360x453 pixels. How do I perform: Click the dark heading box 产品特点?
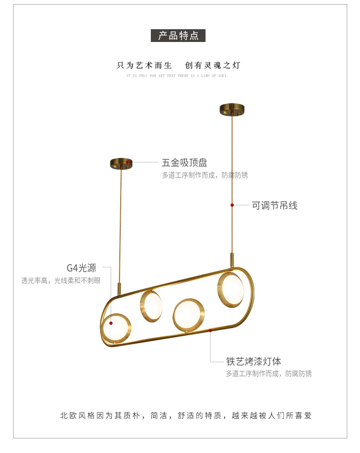(178, 36)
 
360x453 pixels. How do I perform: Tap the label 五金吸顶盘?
(185, 162)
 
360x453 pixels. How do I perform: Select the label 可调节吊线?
(274, 206)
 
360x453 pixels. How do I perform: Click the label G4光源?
(82, 268)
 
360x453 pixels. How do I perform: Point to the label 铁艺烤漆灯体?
(254, 361)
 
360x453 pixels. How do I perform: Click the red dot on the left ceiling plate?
(128, 162)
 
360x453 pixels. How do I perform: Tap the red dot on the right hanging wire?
(232, 205)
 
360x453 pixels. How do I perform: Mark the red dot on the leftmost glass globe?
(111, 323)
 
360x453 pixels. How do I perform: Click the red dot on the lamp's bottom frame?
(210, 330)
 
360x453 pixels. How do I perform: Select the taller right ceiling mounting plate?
(232, 109)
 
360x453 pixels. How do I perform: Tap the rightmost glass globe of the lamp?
(231, 287)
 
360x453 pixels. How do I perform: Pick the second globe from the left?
(151, 306)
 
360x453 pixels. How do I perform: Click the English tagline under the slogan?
(177, 76)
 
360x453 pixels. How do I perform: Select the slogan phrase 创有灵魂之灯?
(212, 65)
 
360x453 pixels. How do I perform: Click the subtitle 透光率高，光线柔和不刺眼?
(61, 281)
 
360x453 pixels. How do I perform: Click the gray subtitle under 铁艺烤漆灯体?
(269, 374)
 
